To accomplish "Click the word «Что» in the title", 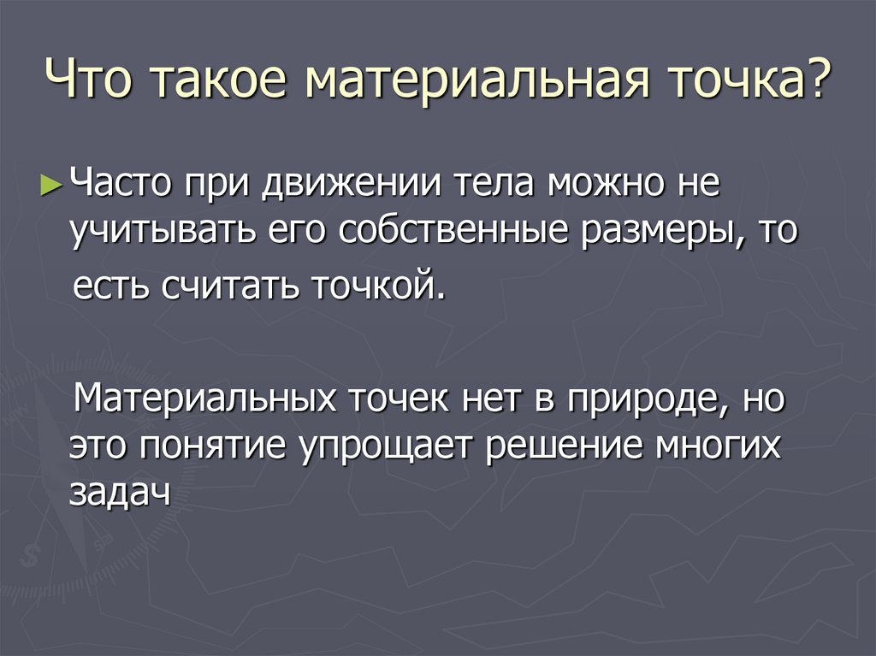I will click(x=91, y=87).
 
